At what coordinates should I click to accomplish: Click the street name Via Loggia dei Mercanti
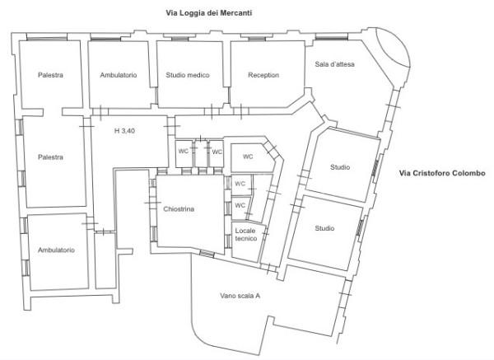pos(209,13)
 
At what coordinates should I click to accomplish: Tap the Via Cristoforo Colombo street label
pos(442,173)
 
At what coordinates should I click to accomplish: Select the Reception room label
pos(263,75)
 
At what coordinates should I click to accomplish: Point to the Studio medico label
pos(188,75)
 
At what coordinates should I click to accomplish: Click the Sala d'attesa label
pos(334,64)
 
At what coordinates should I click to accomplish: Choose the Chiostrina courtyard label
pos(179,208)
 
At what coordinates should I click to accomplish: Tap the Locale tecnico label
pos(245,235)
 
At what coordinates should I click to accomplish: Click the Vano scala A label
pos(240,296)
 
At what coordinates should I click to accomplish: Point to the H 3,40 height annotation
pos(124,130)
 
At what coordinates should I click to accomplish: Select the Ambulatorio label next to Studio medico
pos(119,75)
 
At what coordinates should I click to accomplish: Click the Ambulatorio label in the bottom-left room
pos(56,250)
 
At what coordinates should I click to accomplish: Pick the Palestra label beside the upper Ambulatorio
pos(50,75)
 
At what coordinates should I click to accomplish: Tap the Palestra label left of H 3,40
pos(50,157)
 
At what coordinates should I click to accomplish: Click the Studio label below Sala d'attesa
pos(340,167)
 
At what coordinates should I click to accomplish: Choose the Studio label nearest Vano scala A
pos(324,228)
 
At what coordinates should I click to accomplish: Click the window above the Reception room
pos(256,39)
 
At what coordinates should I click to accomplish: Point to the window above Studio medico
pos(179,39)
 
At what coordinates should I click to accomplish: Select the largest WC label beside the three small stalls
pos(248,157)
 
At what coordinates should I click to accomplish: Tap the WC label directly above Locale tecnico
pos(240,205)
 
